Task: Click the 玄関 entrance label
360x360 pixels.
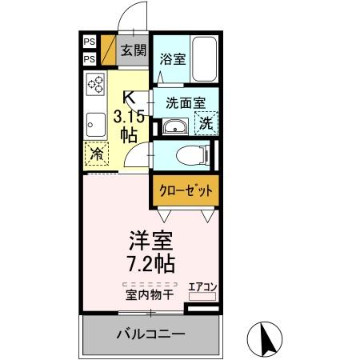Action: (x=132, y=50)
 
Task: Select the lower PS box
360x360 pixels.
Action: (x=89, y=58)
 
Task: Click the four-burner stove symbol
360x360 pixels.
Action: (x=97, y=85)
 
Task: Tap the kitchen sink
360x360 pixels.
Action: (x=95, y=123)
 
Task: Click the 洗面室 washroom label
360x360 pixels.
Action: (x=185, y=102)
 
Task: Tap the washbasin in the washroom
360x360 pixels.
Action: (x=174, y=126)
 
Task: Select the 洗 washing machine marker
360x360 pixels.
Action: (x=206, y=125)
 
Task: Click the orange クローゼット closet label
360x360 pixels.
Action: (x=185, y=191)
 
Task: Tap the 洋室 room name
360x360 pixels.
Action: (x=150, y=240)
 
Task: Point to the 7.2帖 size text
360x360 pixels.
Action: (x=150, y=262)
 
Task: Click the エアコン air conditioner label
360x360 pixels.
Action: (x=202, y=286)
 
